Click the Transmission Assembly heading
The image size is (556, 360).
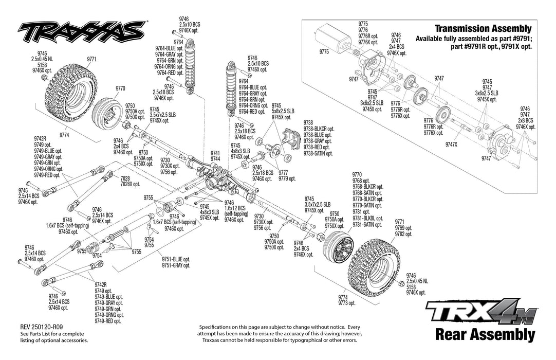click(x=483, y=29)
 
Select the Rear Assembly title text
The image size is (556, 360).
click(x=485, y=335)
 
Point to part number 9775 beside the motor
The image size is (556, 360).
click(x=324, y=52)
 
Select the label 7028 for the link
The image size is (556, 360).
click(x=125, y=178)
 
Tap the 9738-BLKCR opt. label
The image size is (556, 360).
click(x=319, y=129)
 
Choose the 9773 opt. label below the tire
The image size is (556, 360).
click(x=347, y=303)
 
